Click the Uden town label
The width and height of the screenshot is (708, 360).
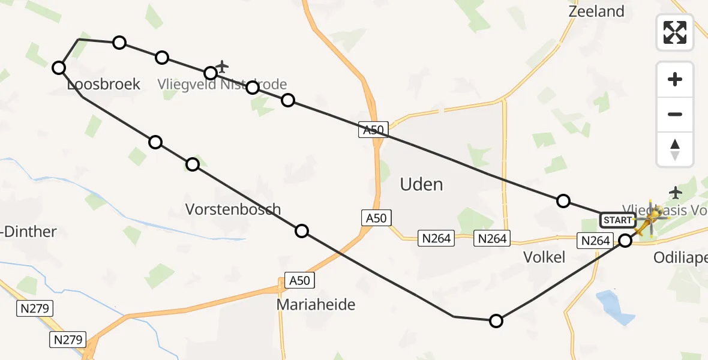422,184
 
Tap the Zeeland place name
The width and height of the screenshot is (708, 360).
596,11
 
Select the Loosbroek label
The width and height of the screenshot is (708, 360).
104,85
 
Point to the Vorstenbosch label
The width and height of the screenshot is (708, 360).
233,209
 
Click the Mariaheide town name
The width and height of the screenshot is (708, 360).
316,305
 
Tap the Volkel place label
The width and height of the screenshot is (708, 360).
544,257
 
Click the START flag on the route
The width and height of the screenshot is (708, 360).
617,220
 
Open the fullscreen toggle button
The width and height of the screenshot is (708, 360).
675,32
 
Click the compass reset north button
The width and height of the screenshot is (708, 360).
675,149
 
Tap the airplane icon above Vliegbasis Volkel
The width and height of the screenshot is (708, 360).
676,193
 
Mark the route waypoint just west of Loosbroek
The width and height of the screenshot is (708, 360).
59,68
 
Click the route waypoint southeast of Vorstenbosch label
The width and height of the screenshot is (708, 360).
302,231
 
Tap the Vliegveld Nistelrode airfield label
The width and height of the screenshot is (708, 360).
222,85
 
